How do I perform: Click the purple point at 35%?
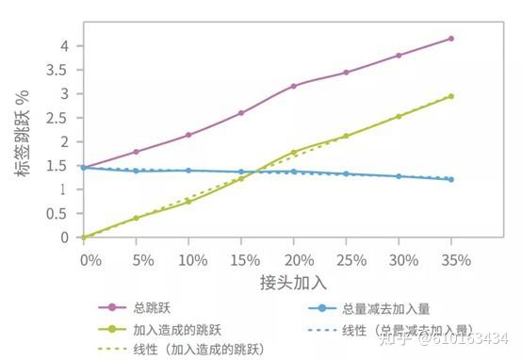tap(451, 39)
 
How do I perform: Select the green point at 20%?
tap(293, 153)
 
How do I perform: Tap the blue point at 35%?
tap(451, 179)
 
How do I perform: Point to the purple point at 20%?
tap(293, 86)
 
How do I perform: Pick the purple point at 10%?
tap(188, 135)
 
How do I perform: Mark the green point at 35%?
tap(451, 96)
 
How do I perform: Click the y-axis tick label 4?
tap(65, 46)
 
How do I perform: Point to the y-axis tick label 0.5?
tap(59, 214)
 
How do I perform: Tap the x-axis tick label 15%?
tap(240, 257)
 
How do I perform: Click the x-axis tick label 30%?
tap(399, 257)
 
